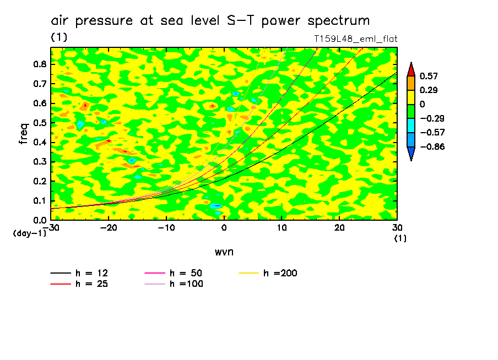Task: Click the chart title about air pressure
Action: pos(210,21)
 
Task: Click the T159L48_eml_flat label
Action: pos(355,39)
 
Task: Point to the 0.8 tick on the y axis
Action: pos(39,64)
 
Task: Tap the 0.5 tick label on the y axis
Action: pos(39,123)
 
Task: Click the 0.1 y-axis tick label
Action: pos(39,201)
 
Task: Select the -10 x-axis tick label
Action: pos(166,227)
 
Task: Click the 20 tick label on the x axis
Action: pos(339,227)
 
